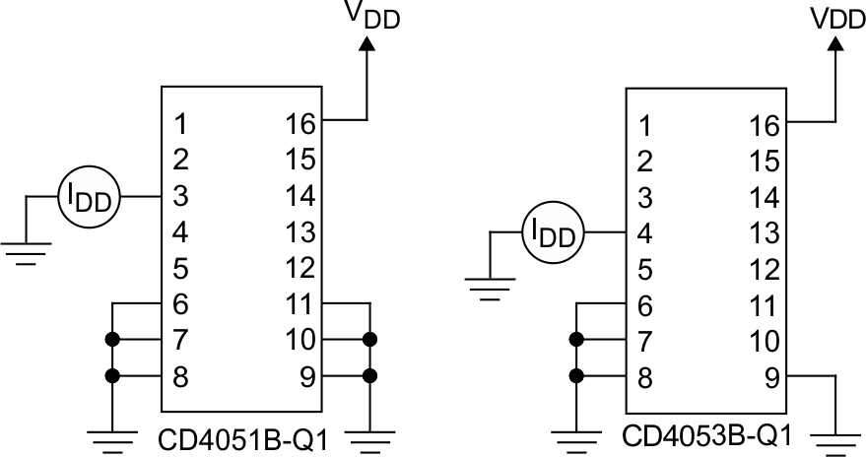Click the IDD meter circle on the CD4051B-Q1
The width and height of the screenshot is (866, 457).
[89, 197]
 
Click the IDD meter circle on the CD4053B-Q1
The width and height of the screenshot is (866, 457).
[553, 233]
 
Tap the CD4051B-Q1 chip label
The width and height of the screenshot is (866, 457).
[241, 437]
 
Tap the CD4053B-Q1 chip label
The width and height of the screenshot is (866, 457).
[705, 434]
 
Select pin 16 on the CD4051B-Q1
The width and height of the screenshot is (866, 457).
[300, 124]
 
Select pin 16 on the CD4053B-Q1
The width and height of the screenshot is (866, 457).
[763, 125]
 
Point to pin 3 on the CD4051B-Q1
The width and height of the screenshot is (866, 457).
[180, 196]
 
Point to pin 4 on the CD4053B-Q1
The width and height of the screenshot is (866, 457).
[644, 233]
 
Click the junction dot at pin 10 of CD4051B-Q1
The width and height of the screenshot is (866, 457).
[369, 340]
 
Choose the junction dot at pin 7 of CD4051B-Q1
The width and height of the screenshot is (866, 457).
[113, 340]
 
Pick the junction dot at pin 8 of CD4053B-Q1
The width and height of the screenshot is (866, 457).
[576, 375]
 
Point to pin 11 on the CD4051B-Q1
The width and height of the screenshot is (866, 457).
[300, 303]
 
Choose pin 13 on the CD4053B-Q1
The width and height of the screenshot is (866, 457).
[763, 233]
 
